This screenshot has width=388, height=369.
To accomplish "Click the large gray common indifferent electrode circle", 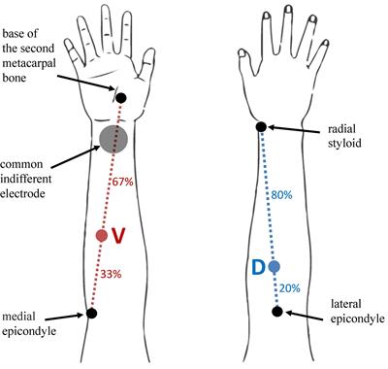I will point(113,138).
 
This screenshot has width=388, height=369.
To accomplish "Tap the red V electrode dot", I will point(100,236).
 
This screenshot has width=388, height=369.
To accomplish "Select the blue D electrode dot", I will point(275,266).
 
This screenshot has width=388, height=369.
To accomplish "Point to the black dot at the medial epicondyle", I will point(91,313).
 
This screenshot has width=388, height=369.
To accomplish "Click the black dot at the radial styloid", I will point(260,127).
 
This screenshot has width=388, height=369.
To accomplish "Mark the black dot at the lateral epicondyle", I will point(277,312).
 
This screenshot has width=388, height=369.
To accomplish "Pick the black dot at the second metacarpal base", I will point(121,97).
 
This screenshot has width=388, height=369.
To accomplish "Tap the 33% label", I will point(111,275).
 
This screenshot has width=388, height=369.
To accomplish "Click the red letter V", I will point(118,236).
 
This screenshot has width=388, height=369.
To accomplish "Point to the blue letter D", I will point(258,266).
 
